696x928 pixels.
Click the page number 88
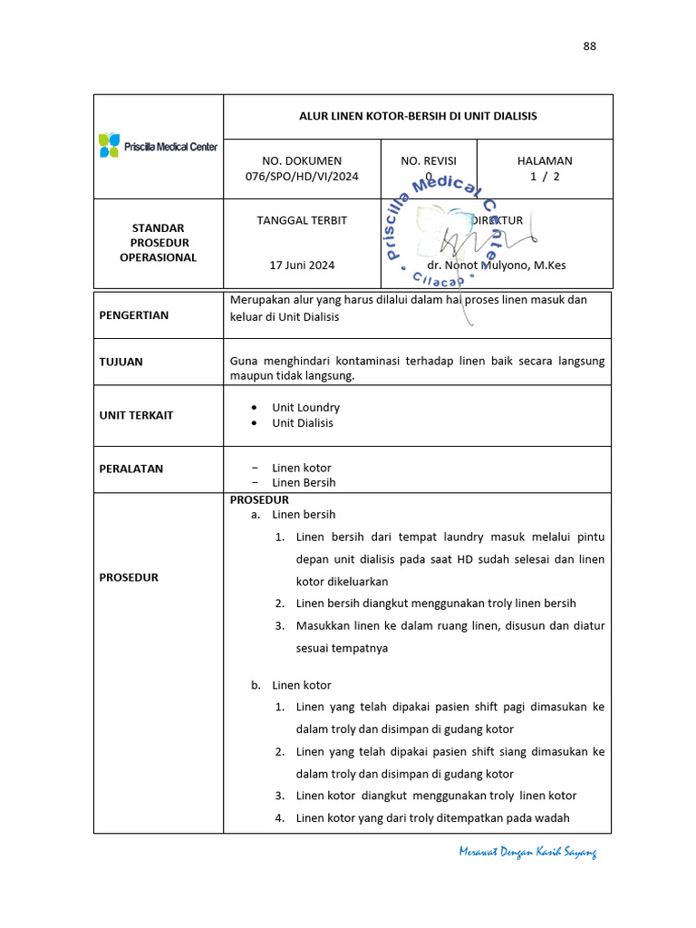(x=589, y=46)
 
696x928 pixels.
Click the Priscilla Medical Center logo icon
(x=110, y=145)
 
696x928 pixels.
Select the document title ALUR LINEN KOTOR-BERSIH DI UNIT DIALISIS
(x=418, y=116)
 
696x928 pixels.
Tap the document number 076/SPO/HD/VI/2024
(x=302, y=176)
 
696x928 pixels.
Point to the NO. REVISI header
(x=429, y=160)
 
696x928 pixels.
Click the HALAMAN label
(x=545, y=160)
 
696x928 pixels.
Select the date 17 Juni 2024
(x=302, y=266)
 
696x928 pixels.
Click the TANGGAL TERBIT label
(x=302, y=220)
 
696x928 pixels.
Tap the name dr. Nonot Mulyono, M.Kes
(x=497, y=266)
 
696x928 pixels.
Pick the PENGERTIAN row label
(x=134, y=315)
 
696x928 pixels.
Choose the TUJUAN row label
(x=121, y=362)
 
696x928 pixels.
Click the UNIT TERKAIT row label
(x=136, y=415)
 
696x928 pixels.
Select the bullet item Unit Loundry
(x=306, y=408)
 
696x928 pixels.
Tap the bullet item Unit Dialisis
(x=303, y=423)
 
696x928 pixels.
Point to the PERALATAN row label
(x=131, y=469)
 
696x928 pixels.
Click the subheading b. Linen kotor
(x=291, y=685)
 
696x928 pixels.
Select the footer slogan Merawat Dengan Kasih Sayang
(x=527, y=853)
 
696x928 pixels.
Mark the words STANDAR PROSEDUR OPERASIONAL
(x=158, y=243)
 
